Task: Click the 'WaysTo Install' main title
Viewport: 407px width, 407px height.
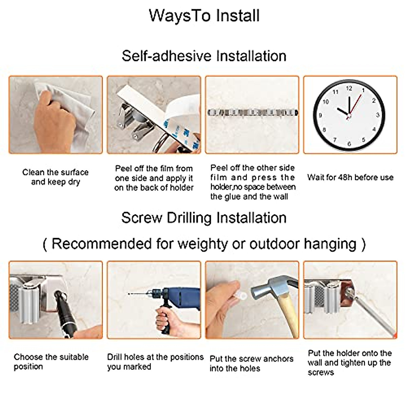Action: pos(204,16)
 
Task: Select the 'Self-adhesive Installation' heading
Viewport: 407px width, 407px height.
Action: pos(204,56)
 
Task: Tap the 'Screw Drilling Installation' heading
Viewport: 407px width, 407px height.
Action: pos(204,218)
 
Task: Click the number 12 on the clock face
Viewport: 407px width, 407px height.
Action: pos(349,89)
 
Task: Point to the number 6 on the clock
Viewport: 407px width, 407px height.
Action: pos(349,144)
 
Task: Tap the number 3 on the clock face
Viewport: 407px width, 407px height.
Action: pos(377,116)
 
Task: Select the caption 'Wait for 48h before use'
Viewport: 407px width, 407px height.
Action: pos(350,177)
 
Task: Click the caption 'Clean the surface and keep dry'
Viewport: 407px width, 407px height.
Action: pos(55,177)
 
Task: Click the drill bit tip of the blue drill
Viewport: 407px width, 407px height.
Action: pos(130,294)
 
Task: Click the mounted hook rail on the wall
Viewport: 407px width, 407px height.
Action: pos(252,112)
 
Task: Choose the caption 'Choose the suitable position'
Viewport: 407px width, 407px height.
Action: pos(51,362)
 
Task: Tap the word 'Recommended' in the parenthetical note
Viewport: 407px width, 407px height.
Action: pos(101,244)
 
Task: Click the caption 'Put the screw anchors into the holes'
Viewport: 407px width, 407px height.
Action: pos(251,364)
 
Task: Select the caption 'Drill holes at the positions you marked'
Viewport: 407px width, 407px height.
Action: pos(155,362)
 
